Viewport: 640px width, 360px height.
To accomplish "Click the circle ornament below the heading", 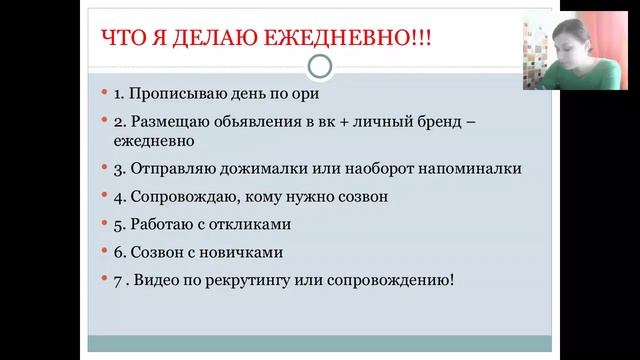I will (319, 67).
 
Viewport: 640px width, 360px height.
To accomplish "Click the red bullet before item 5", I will (104, 224).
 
